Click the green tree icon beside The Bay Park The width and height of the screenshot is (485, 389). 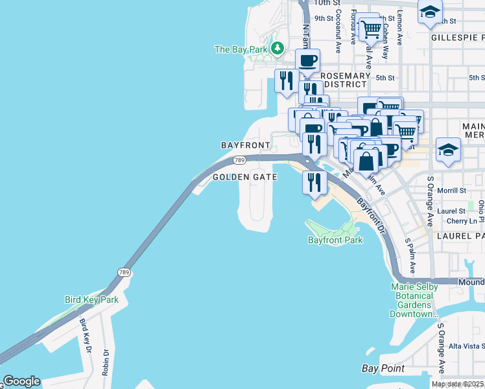point(278,49)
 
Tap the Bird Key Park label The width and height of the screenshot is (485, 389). point(91,300)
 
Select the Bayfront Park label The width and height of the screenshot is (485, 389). point(335,240)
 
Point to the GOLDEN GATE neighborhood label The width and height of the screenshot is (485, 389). point(245,176)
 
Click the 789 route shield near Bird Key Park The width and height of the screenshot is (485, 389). point(123,272)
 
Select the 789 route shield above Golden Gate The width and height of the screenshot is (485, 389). point(239,160)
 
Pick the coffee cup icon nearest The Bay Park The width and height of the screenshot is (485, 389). point(307,61)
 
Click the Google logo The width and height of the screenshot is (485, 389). point(21,381)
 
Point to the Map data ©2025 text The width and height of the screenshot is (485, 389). point(458,384)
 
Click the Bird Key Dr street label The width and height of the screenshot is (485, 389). point(85,336)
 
